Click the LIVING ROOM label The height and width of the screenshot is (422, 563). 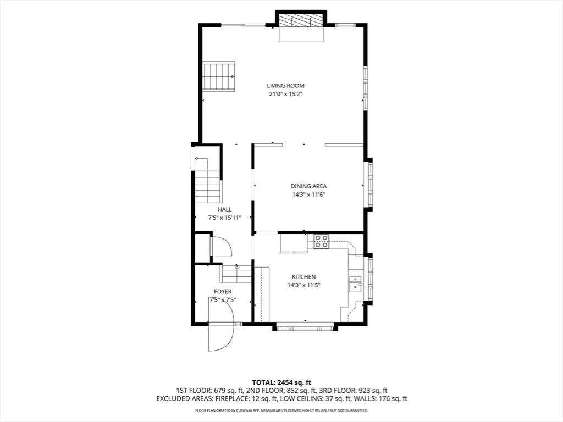click(285, 86)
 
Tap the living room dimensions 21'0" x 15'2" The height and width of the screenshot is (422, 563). click(285, 95)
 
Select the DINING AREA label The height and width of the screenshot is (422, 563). click(309, 186)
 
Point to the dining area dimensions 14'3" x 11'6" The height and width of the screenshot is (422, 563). click(309, 195)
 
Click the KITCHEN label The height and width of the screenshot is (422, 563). click(303, 277)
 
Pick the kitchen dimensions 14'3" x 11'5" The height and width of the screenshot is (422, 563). click(303, 286)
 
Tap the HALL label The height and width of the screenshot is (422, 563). click(224, 209)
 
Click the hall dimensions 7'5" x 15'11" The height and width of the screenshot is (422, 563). click(224, 218)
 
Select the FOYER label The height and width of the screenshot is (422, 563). click(223, 292)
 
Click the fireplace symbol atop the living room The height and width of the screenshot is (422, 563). click(301, 20)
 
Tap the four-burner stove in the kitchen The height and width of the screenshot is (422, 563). click(321, 241)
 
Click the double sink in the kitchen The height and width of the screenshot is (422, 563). click(356, 284)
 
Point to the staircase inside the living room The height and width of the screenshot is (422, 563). click(218, 76)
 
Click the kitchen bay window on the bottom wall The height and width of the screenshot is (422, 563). click(305, 327)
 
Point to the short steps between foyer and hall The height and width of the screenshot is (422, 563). click(236, 274)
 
